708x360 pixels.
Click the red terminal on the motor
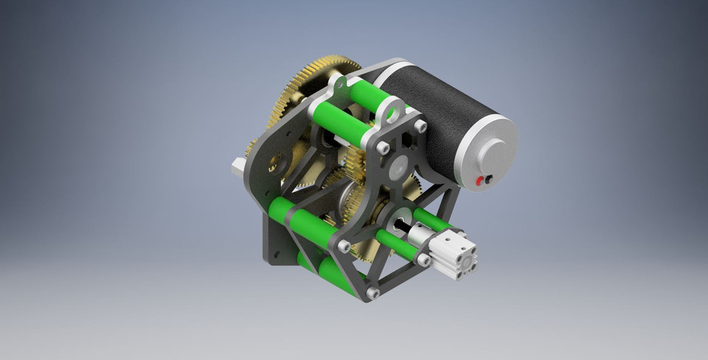point(480,181)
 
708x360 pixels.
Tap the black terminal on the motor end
point(488,179)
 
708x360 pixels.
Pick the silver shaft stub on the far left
point(237,167)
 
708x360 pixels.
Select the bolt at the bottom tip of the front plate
point(372,294)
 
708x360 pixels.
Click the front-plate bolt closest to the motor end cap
point(420,127)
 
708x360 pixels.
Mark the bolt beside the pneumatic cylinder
point(423,260)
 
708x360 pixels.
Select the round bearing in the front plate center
point(398,165)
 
